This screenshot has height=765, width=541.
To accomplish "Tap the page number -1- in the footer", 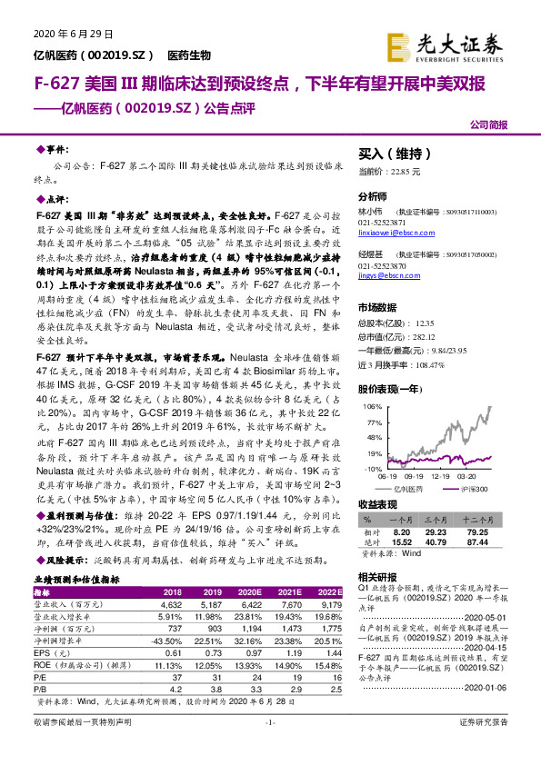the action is pos(269,747).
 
